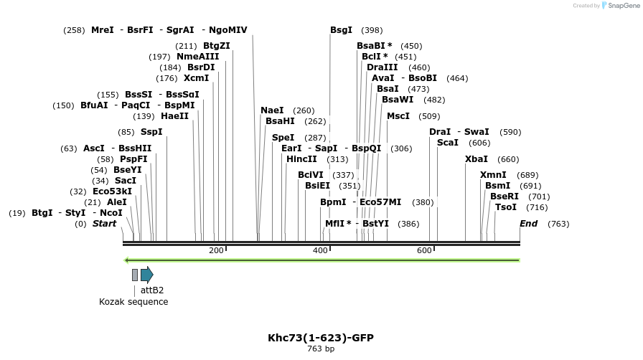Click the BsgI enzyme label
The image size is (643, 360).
(x=341, y=30)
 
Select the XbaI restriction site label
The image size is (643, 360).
(x=477, y=159)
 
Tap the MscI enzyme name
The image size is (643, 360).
(x=398, y=115)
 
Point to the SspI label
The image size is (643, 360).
(x=151, y=132)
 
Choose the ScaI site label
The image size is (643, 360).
(x=448, y=143)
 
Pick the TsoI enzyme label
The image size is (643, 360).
(x=506, y=207)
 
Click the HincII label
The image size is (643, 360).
(x=301, y=159)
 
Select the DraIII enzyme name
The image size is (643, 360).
(x=382, y=67)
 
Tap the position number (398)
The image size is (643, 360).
(x=372, y=30)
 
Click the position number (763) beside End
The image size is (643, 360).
(x=558, y=224)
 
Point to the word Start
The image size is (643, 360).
(x=104, y=224)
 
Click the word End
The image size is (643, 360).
(x=528, y=224)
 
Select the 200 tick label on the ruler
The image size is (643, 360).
(x=216, y=250)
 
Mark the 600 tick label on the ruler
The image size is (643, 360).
(x=424, y=250)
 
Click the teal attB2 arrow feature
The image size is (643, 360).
(x=146, y=274)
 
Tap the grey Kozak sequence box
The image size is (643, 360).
(x=135, y=275)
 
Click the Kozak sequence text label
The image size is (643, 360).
(x=133, y=302)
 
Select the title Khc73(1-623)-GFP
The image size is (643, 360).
(x=321, y=337)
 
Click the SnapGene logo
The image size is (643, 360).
(x=619, y=6)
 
